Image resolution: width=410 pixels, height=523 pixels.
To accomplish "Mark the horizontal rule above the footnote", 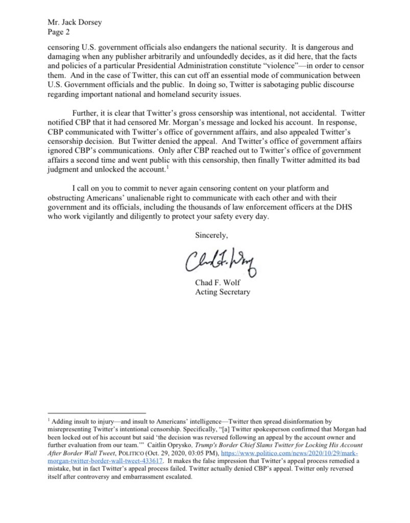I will tap(97, 412).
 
